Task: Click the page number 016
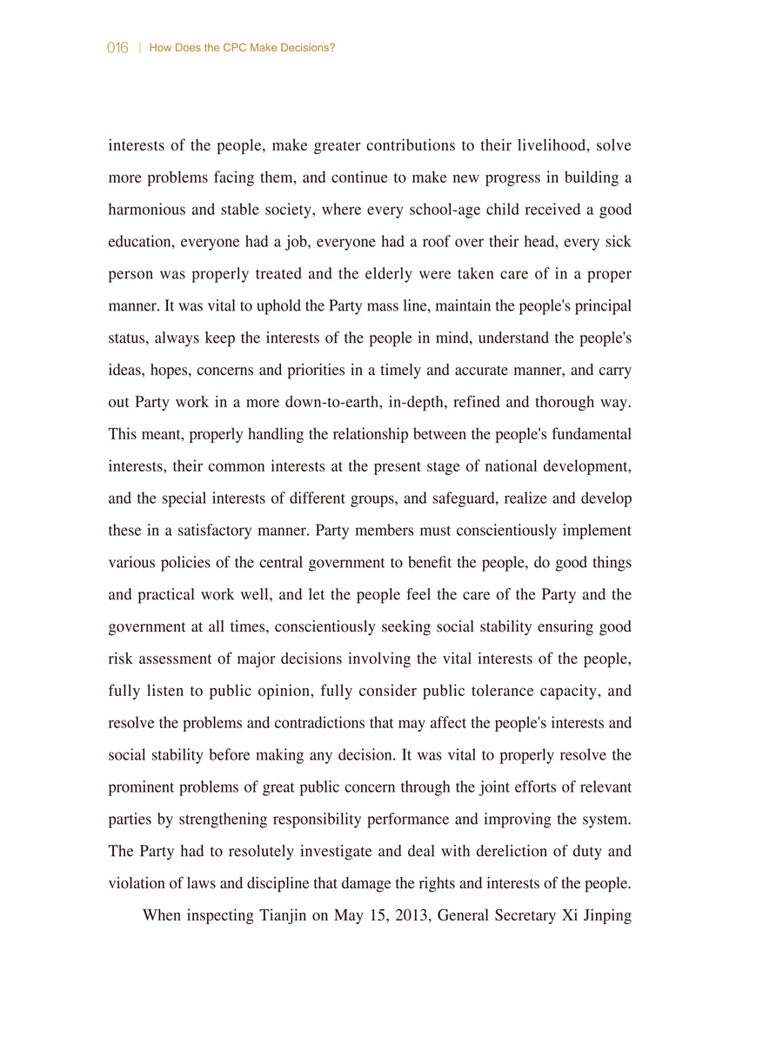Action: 118,48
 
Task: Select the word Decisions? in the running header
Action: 308,48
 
